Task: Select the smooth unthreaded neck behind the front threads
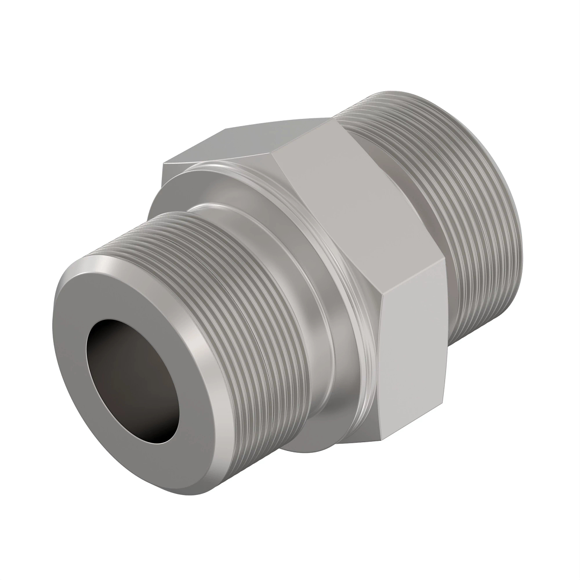(x=309, y=309)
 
